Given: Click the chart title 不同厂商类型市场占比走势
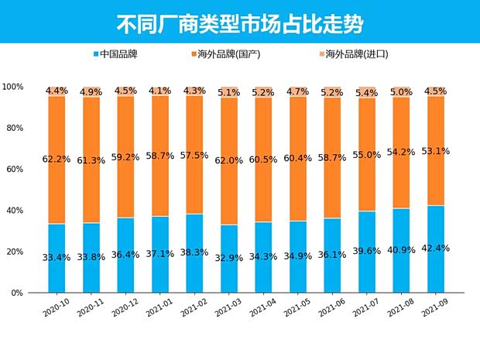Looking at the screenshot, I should (239, 22).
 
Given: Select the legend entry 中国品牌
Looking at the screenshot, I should (119, 55).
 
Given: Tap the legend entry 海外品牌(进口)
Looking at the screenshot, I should (351, 55).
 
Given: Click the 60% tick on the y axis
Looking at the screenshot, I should (14, 169).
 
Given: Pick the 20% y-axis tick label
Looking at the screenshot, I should (14, 252).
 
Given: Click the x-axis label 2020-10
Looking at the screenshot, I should (57, 307).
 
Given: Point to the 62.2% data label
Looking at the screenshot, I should (57, 159).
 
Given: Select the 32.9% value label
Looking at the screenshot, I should (230, 257).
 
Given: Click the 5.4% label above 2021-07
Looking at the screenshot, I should (368, 93).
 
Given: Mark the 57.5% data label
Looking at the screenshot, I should (195, 156).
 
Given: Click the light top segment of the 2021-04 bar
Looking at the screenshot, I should (264, 92).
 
